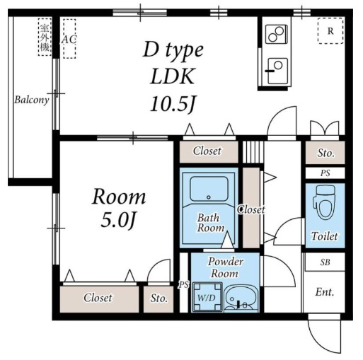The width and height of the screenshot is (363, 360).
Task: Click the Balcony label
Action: (x=32, y=100)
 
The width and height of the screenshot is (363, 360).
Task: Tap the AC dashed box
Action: (x=69, y=39)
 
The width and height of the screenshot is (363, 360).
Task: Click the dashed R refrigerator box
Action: (x=330, y=31)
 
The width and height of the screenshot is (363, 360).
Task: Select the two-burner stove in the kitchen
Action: (x=277, y=34)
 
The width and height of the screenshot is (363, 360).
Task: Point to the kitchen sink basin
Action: (x=277, y=71)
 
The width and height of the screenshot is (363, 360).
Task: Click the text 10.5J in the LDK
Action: (x=173, y=104)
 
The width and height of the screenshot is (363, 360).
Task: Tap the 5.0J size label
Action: (x=119, y=220)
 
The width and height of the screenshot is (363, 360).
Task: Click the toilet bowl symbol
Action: (x=325, y=202)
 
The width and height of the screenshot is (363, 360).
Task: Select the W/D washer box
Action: (x=207, y=297)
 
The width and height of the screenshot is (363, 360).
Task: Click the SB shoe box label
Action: (x=325, y=262)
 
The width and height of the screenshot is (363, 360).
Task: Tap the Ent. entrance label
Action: (x=325, y=292)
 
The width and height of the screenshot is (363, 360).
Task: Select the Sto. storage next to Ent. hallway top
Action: (x=325, y=153)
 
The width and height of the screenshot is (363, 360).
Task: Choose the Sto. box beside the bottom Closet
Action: (x=159, y=299)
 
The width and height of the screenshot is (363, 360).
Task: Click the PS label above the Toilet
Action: (x=325, y=173)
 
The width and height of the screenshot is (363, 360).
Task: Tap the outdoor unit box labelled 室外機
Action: (x=45, y=37)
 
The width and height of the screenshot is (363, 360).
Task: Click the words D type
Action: (x=173, y=51)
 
